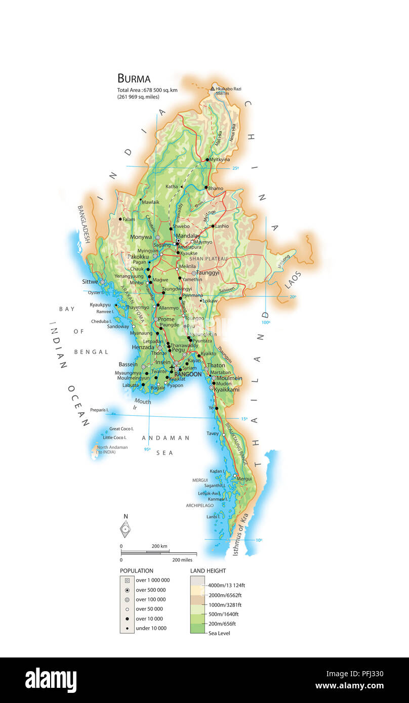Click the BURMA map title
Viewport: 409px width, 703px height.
click(x=134, y=78)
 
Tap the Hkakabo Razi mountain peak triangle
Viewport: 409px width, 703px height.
click(x=213, y=89)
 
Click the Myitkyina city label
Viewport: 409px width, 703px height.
click(x=219, y=160)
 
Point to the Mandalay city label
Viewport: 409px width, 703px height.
click(x=187, y=236)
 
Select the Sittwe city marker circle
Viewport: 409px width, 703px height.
click(x=102, y=282)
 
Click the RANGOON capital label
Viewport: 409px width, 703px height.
click(x=188, y=374)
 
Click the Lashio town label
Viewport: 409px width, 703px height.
click(x=222, y=226)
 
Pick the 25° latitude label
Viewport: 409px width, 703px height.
click(x=235, y=168)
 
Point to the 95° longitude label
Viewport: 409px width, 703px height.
click(x=147, y=449)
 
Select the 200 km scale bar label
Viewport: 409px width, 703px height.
click(x=159, y=546)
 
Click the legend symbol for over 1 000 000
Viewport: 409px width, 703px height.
click(x=127, y=580)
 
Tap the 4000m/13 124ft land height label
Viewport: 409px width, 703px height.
click(x=226, y=585)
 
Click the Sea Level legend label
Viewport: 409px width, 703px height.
click(x=219, y=633)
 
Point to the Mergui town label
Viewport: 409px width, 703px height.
click(x=244, y=478)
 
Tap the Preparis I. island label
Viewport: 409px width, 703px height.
click(x=100, y=410)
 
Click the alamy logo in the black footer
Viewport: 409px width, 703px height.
click(x=51, y=680)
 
